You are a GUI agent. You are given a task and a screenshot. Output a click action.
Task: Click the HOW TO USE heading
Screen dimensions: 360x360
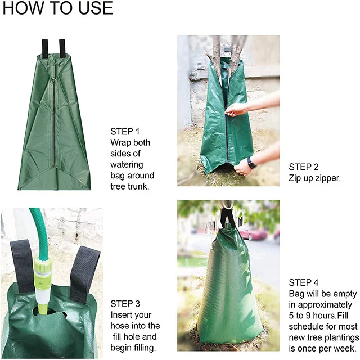click(x=57, y=10)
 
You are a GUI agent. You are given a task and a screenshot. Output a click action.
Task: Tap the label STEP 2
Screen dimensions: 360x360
click(x=304, y=167)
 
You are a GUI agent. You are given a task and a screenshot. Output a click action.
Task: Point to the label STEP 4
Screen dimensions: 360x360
click(x=304, y=282)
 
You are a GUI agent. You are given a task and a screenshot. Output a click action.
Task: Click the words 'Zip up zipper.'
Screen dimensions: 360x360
click(x=315, y=178)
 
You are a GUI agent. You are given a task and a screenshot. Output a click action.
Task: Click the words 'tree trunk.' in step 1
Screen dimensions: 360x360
click(x=130, y=187)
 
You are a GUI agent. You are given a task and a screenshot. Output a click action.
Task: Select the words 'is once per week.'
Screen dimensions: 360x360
click(x=323, y=348)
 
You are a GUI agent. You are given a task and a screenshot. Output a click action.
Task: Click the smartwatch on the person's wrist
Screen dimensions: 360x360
click(x=251, y=164)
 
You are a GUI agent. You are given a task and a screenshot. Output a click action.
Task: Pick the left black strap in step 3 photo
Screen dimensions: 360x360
click(x=21, y=264)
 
